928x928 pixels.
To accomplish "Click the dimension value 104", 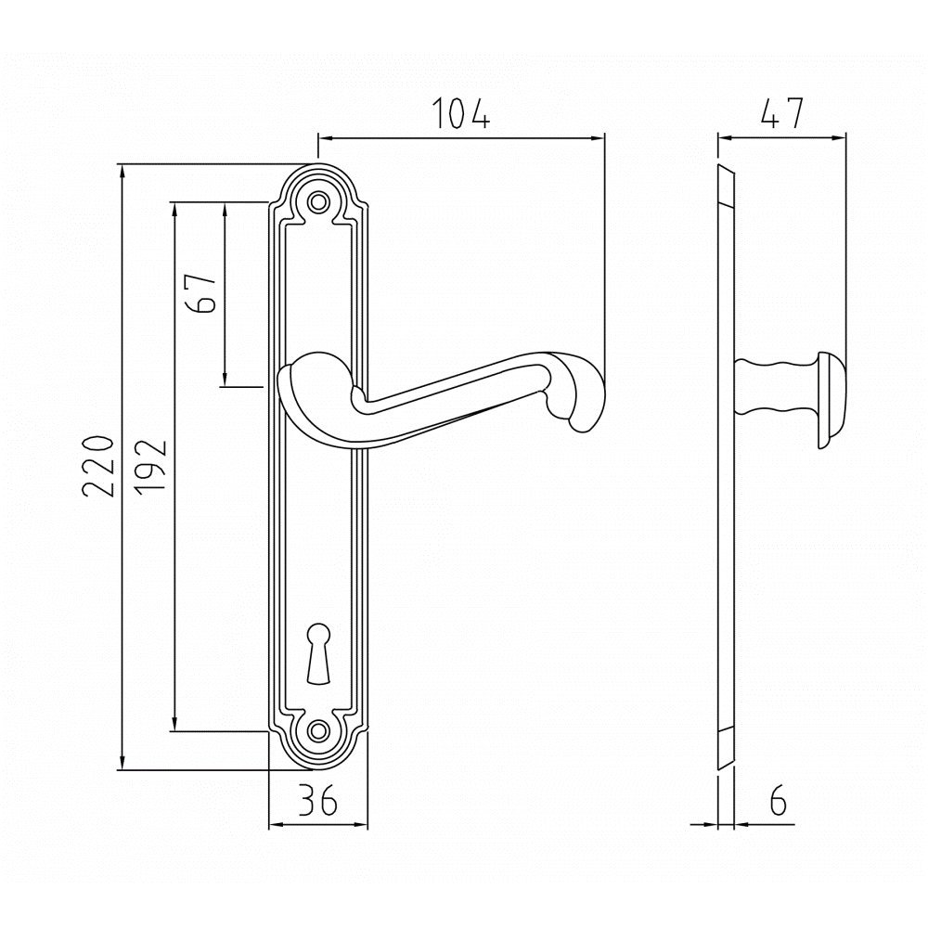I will (461, 112).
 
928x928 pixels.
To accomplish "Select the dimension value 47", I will (781, 112).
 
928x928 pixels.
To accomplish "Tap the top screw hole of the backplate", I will (319, 201).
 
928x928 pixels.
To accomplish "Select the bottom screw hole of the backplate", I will (319, 731).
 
